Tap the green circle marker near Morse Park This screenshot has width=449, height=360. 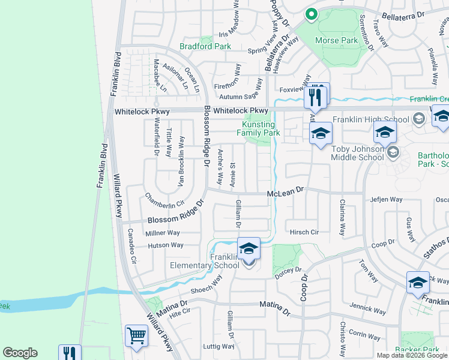(x=311, y=14)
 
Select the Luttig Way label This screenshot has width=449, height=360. (x=218, y=346)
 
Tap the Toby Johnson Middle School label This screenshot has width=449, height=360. (x=358, y=153)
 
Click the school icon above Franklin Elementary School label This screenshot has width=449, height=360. (x=249, y=247)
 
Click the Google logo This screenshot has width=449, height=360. (x=20, y=353)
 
